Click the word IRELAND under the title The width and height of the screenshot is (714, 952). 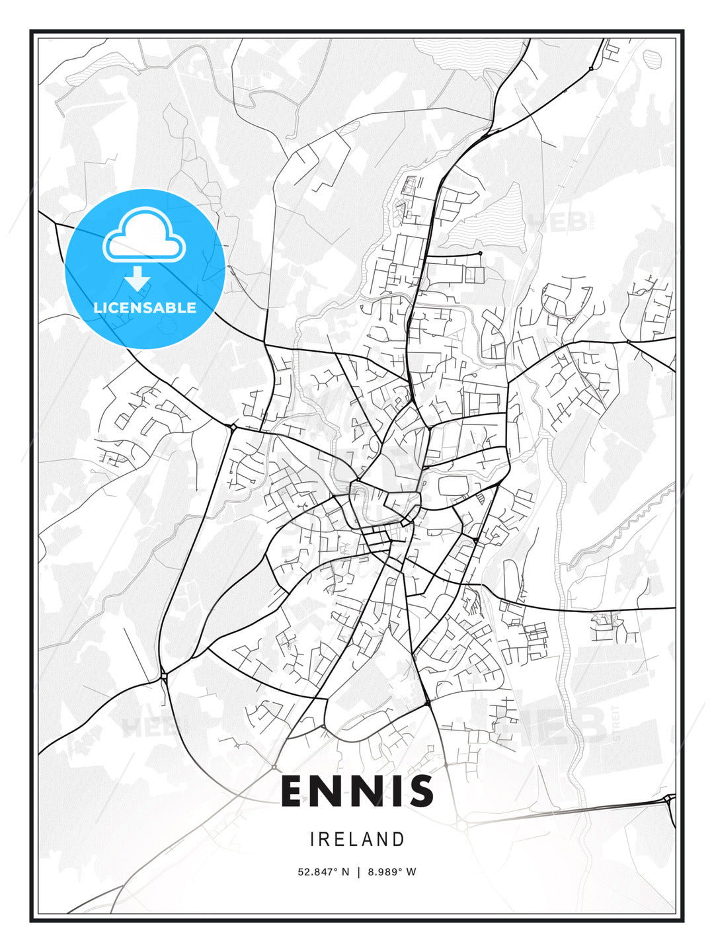pyautogui.click(x=357, y=840)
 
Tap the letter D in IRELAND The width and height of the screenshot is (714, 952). pyautogui.click(x=399, y=840)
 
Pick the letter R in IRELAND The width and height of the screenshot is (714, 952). pyautogui.click(x=325, y=840)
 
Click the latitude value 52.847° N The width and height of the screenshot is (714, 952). pyautogui.click(x=323, y=872)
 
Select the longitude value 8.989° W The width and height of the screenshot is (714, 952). pyautogui.click(x=390, y=872)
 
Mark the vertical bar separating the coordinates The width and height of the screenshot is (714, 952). pyautogui.click(x=358, y=872)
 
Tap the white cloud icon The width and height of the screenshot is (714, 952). pyautogui.click(x=144, y=236)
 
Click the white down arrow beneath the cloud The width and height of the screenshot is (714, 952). pyautogui.click(x=138, y=278)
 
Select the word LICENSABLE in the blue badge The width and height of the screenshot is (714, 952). pyautogui.click(x=145, y=307)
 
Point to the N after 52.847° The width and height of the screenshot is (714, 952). pyautogui.click(x=344, y=872)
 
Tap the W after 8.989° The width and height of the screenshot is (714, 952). pyautogui.click(x=411, y=872)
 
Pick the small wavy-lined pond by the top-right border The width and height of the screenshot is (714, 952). pyautogui.click(x=653, y=58)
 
